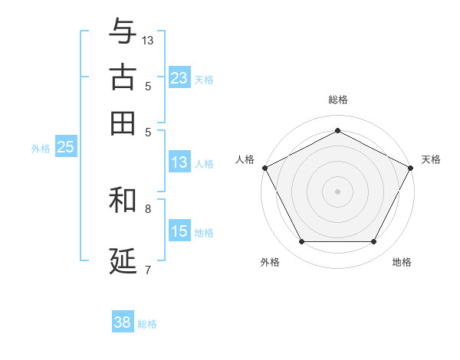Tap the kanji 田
click(x=123, y=122)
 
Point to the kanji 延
click(x=123, y=260)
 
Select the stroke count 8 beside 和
click(x=148, y=208)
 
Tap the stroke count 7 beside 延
click(x=148, y=269)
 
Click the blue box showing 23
click(x=179, y=77)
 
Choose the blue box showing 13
click(x=179, y=162)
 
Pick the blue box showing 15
click(x=179, y=231)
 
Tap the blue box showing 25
click(x=65, y=148)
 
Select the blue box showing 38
click(x=123, y=322)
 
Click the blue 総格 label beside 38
click(x=147, y=324)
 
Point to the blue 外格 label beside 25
click(x=41, y=149)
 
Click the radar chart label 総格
click(x=337, y=100)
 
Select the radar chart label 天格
click(x=431, y=159)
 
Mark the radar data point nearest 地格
click(x=374, y=242)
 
